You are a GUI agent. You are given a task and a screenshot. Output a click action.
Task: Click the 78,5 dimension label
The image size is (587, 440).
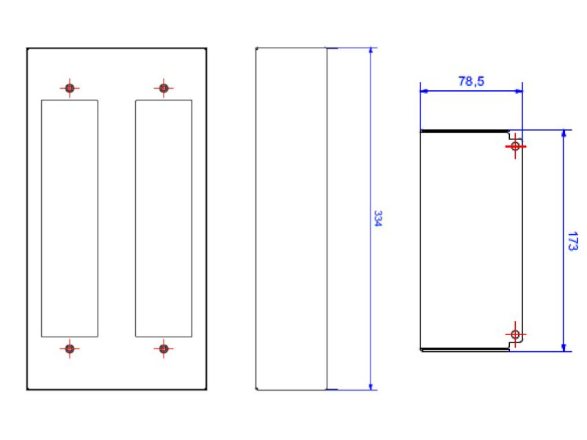coord(471,81)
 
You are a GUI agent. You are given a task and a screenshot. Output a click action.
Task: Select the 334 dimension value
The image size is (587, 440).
coord(378,219)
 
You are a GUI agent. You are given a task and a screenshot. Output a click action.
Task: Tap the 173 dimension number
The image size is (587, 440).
coord(573,241)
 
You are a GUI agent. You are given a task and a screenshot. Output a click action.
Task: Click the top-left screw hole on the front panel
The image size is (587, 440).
coord(70,88)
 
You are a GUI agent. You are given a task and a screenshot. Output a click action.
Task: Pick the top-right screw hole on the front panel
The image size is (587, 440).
coord(164,88)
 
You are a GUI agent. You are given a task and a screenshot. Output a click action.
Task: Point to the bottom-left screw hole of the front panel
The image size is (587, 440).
coord(70,349)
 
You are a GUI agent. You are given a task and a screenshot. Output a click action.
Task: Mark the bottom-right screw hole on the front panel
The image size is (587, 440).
coord(164,349)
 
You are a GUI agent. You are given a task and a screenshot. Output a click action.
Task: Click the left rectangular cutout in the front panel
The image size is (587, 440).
coord(70,219)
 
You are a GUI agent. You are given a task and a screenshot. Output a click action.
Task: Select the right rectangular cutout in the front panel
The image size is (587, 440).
coord(164,219)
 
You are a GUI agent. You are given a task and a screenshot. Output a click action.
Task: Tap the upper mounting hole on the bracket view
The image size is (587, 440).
coord(515,146)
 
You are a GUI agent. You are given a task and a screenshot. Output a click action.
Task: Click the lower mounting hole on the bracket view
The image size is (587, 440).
coord(515,334)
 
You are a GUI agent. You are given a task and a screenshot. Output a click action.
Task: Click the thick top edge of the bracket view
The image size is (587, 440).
coord(464,131)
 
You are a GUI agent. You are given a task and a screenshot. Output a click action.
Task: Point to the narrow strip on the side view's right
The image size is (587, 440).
coord(332,219)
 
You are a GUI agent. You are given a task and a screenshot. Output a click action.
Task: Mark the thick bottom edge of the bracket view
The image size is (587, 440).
coord(464,350)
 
